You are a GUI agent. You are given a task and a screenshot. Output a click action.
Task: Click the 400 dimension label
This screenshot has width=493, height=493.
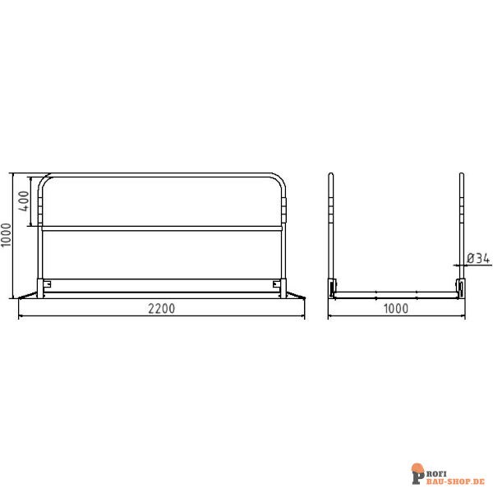point(24,199)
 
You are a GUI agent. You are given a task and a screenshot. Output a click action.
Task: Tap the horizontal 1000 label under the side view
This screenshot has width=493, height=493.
point(395,308)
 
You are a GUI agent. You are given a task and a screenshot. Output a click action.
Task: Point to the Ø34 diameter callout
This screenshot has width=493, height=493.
point(478,258)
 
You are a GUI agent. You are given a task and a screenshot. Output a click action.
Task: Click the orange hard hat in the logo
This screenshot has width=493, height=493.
point(417,468)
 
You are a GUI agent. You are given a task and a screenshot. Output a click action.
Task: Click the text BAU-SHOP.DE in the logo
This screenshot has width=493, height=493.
point(455,479)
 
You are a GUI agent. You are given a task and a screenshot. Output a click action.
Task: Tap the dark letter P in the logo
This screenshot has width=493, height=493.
point(418,476)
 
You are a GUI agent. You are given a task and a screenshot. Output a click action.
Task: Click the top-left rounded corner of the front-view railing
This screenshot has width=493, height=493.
point(44,179)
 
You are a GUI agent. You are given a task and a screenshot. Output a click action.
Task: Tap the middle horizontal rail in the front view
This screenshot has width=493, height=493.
point(161,228)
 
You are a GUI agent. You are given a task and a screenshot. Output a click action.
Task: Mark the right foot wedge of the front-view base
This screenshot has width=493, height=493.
point(293,293)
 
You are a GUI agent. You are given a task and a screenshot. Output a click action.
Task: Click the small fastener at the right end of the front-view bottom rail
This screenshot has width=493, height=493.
point(274,284)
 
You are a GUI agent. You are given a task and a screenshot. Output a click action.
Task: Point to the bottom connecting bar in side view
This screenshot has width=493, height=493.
point(395,293)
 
